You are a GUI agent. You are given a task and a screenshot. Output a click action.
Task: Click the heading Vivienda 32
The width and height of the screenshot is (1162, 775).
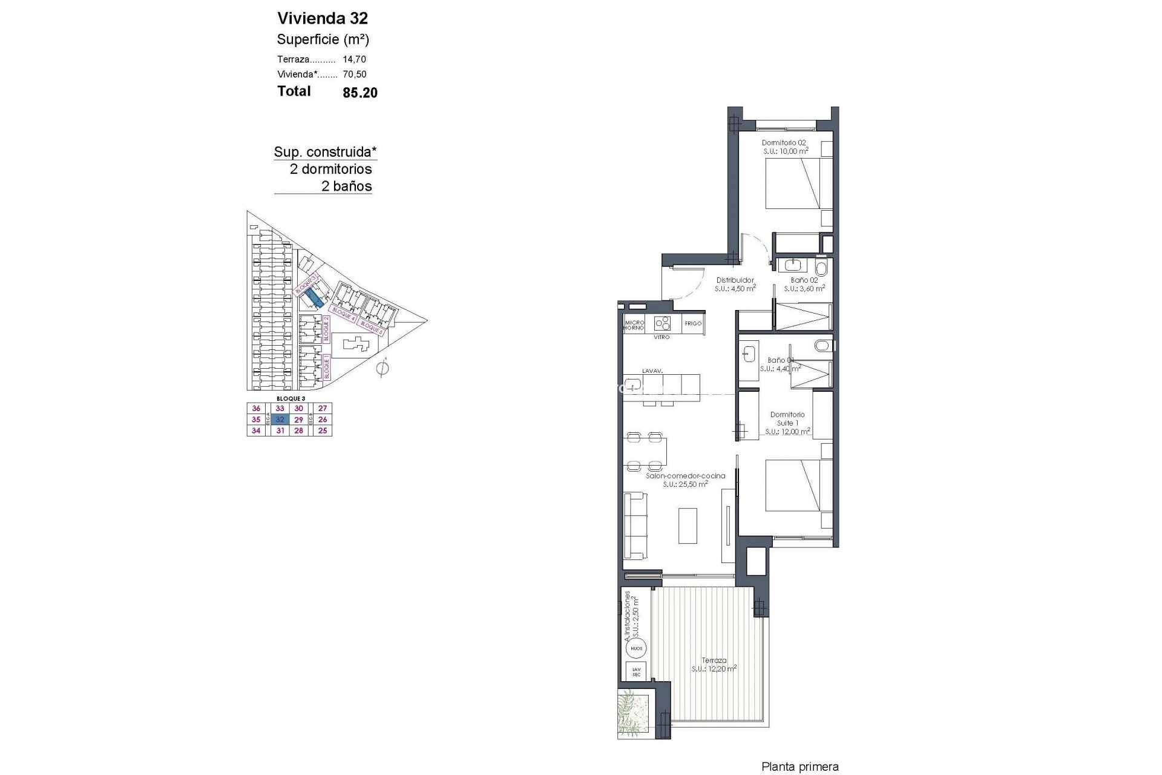(322, 18)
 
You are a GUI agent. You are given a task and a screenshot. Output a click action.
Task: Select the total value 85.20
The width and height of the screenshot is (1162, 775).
(359, 93)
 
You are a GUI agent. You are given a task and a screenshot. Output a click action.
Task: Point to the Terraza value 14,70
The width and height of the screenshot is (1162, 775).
(355, 59)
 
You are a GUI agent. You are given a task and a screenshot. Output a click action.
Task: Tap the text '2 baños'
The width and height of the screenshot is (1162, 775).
(346, 186)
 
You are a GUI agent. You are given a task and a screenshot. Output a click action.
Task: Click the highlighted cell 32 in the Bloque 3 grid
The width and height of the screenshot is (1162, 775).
(280, 420)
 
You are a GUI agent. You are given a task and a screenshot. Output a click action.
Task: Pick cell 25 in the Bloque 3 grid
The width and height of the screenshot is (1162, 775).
(323, 431)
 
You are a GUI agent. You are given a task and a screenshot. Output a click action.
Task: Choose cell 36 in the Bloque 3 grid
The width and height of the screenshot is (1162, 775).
(256, 409)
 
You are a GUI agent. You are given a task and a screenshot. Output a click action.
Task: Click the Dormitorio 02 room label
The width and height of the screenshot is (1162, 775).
(784, 143)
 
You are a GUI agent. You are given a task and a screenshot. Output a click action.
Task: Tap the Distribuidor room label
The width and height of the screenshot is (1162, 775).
(735, 280)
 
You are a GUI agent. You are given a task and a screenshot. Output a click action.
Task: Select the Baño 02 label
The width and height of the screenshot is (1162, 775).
(804, 280)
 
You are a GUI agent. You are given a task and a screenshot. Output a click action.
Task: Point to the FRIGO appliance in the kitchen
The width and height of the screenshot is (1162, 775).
(693, 324)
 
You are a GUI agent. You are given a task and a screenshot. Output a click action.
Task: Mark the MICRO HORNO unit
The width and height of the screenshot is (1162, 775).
(634, 325)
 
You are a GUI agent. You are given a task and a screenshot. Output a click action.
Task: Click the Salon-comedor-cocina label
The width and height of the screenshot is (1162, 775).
(685, 476)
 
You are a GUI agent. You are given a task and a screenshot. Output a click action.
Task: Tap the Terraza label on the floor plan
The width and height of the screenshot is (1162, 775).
(714, 661)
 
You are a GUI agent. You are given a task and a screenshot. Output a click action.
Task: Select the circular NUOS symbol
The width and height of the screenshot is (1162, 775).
(636, 648)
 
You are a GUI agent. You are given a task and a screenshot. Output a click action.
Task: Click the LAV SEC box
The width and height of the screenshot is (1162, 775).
(636, 671)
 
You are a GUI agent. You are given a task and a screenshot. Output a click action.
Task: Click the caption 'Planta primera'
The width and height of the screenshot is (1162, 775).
(800, 767)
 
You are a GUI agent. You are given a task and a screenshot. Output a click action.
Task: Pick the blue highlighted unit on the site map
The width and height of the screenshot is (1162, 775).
(314, 297)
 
